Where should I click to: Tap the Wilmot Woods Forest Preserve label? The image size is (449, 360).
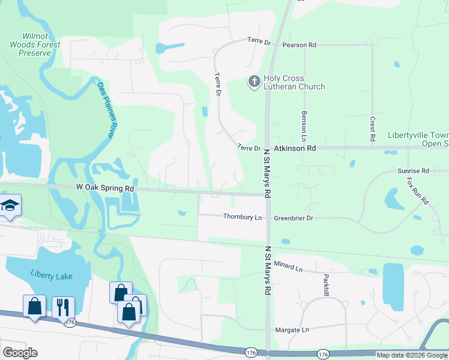(x=34, y=45)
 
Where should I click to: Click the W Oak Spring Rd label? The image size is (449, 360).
(x=104, y=188)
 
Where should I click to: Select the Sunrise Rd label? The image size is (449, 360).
(x=413, y=171)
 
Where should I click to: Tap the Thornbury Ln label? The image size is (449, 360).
(x=243, y=217)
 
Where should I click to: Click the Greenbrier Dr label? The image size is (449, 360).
(x=294, y=218)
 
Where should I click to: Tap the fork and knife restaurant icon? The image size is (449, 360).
(x=63, y=307)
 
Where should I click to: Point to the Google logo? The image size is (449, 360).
(x=20, y=352)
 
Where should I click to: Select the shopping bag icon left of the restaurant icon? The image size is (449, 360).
(x=34, y=305)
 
